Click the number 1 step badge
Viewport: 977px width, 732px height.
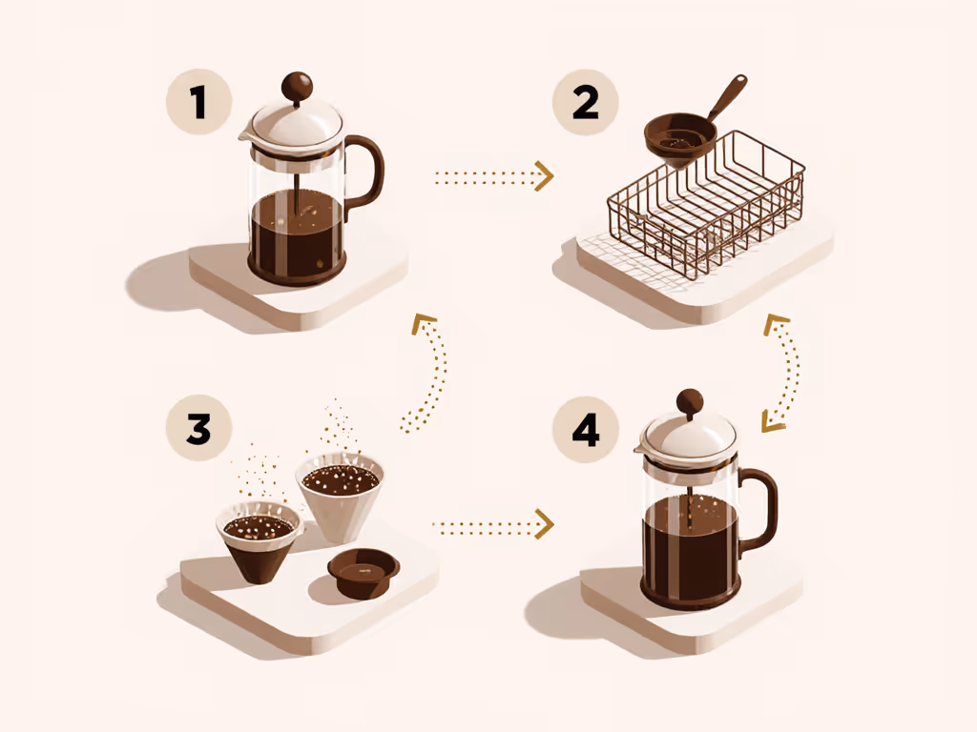click(198, 101)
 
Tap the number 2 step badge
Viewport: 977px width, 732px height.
click(585, 101)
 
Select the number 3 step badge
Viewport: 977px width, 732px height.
click(198, 428)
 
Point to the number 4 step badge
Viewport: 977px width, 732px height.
click(585, 430)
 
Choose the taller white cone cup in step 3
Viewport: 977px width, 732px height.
click(340, 496)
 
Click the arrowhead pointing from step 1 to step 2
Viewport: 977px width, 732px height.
click(545, 176)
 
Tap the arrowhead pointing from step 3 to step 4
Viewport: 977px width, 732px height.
click(545, 523)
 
